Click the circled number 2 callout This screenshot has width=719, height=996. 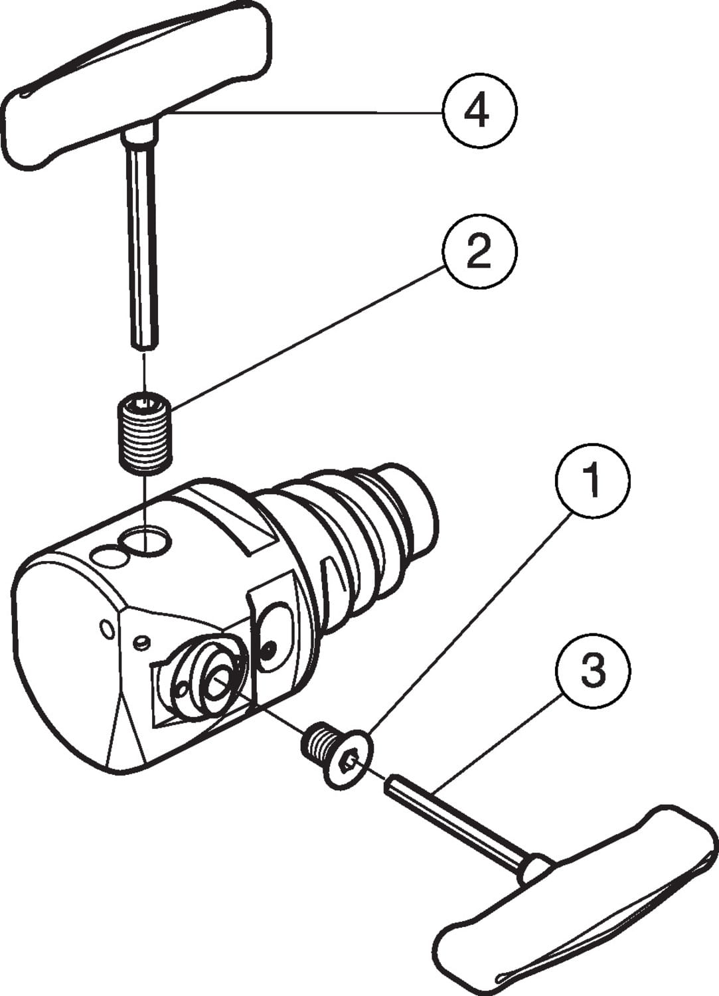click(x=478, y=252)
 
